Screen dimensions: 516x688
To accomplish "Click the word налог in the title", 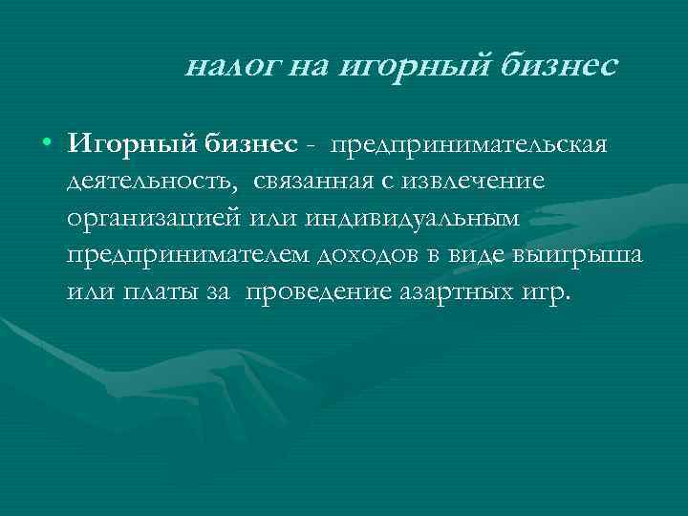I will (225, 67).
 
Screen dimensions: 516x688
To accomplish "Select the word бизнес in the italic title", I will (557, 67).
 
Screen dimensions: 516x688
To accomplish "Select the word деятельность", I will (148, 182).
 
